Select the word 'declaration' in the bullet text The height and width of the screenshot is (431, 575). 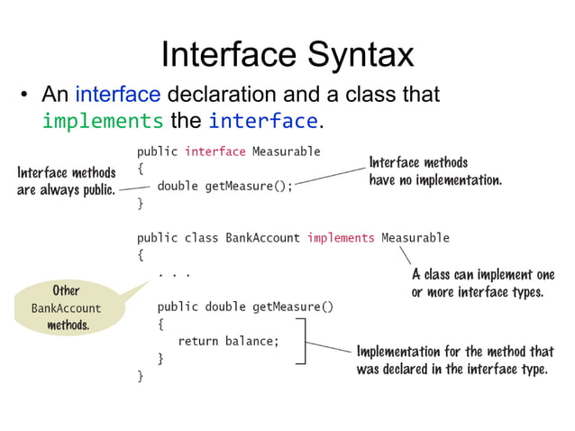click(x=230, y=94)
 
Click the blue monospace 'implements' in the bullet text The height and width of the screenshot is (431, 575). click(x=103, y=121)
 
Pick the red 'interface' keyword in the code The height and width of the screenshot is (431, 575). click(x=214, y=151)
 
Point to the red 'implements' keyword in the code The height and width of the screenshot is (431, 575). click(x=340, y=238)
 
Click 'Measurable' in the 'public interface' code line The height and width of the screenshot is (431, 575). click(x=286, y=151)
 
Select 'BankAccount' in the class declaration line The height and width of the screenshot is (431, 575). click(x=262, y=238)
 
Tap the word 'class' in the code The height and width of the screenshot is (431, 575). click(x=202, y=238)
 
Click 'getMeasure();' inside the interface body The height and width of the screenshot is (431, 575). click(x=249, y=187)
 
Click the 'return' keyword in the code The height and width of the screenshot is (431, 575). click(x=198, y=341)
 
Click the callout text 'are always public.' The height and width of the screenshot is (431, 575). click(x=66, y=190)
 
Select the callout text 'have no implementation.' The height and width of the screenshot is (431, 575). click(x=435, y=180)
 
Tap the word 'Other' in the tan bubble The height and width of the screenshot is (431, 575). click(x=66, y=291)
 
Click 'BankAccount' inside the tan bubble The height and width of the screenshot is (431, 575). click(x=67, y=308)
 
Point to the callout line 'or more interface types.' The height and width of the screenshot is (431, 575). click(x=477, y=292)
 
